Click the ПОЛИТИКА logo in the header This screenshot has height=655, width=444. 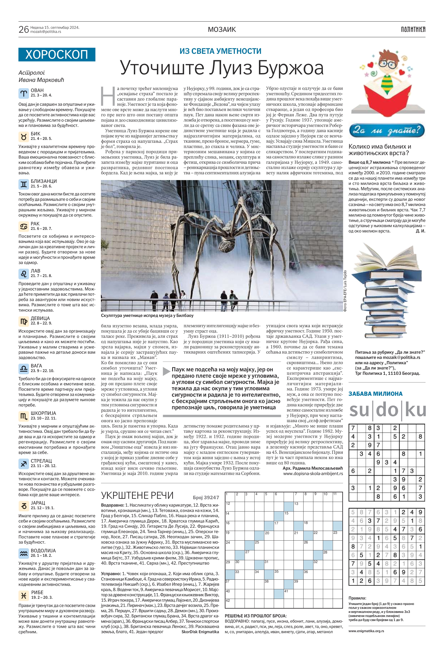pyautogui.click(x=413, y=29)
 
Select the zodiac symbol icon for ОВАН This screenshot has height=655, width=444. pyautogui.click(x=24, y=93)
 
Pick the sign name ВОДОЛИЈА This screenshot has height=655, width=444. pyautogui.click(x=43, y=550)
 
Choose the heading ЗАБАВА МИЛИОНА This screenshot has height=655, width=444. pyautogui.click(x=375, y=394)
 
